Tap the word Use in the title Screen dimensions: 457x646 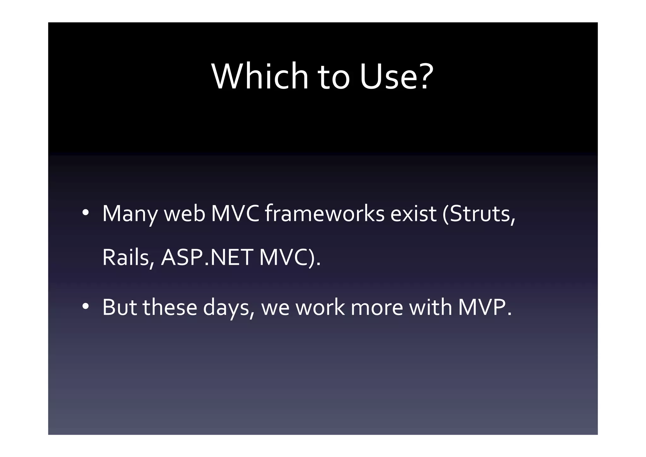387,77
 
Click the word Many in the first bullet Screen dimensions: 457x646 130,214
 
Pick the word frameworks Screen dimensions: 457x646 325,214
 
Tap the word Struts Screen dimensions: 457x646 481,214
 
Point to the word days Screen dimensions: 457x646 228,308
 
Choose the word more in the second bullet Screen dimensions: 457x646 377,308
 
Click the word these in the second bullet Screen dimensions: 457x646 170,308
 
